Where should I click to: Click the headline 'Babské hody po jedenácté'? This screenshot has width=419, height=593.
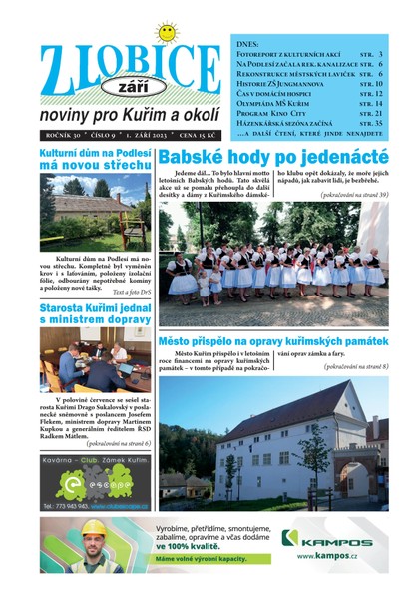coord(272,157)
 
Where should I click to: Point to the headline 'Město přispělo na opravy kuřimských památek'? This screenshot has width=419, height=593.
coord(273,366)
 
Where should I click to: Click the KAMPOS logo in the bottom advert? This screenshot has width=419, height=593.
coord(319,540)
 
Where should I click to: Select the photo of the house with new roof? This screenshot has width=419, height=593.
coord(95,212)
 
